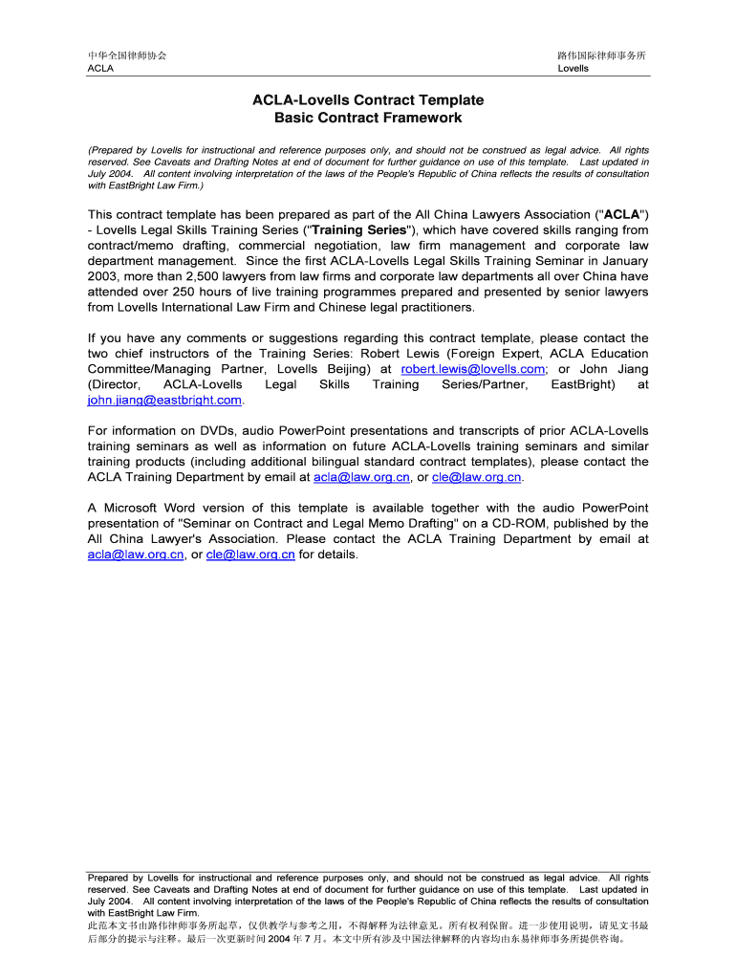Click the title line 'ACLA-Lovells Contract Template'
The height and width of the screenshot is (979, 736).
click(368, 100)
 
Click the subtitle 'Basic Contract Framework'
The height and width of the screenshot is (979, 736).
click(368, 119)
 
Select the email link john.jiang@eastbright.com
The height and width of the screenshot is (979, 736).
click(164, 400)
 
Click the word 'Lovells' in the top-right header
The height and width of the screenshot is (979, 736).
click(574, 69)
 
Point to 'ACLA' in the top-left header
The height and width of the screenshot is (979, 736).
click(100, 69)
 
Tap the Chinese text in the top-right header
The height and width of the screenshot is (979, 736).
click(602, 55)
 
